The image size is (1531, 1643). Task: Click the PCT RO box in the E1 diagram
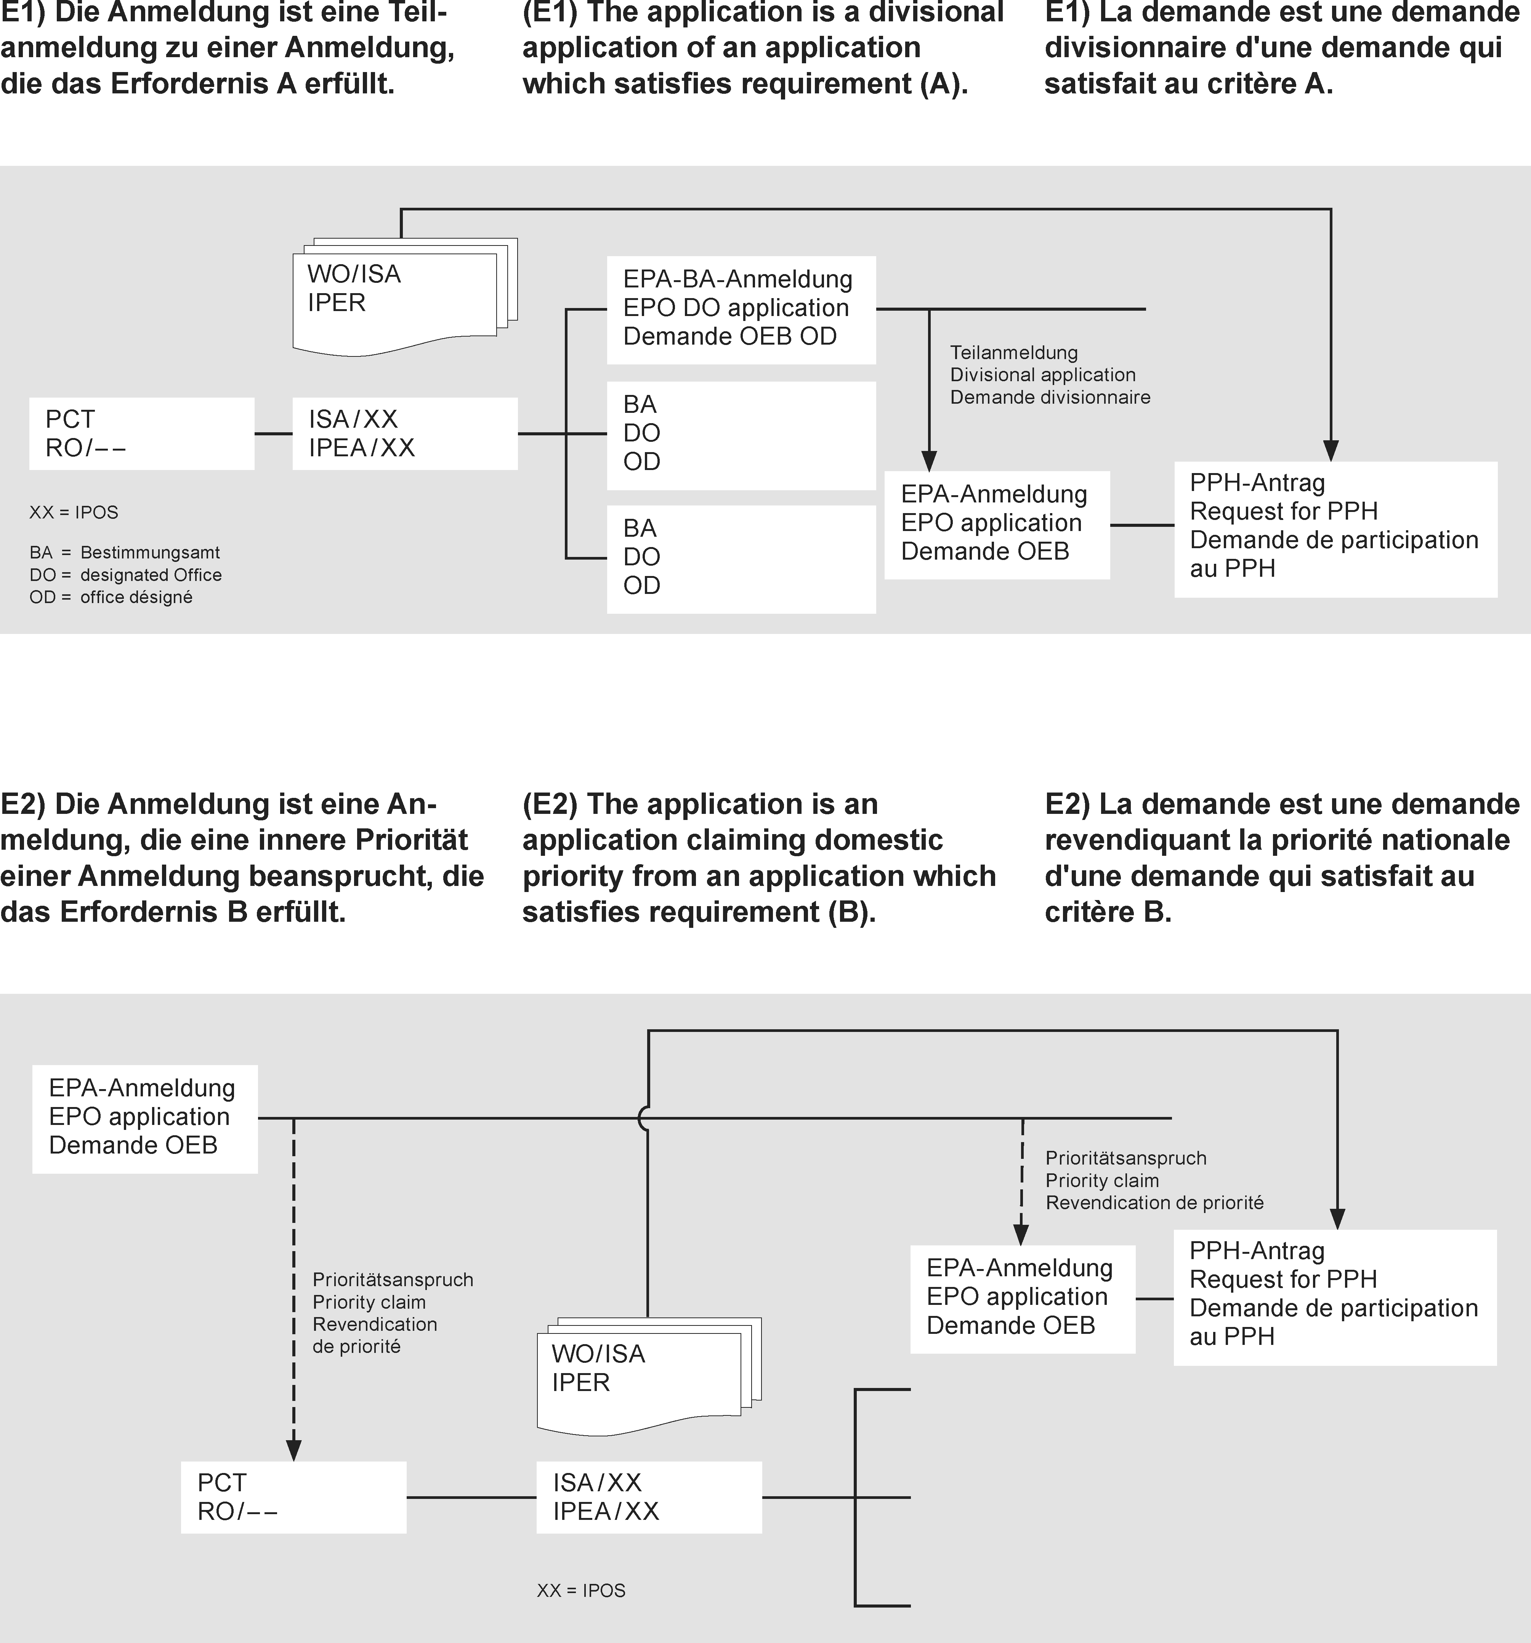click(141, 434)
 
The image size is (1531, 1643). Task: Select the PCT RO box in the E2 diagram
click(293, 1497)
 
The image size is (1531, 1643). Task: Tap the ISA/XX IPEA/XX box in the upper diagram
click(405, 434)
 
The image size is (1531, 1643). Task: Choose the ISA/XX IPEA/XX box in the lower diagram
click(649, 1497)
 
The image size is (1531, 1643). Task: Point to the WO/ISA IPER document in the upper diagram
click(397, 297)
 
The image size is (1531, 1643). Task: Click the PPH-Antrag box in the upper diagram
click(1335, 529)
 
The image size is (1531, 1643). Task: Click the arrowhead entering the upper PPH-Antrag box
click(1330, 451)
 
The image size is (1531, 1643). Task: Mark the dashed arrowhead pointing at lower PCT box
click(293, 1450)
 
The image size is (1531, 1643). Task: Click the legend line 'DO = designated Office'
click(126, 575)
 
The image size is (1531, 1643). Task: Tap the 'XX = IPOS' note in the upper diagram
click(74, 512)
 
